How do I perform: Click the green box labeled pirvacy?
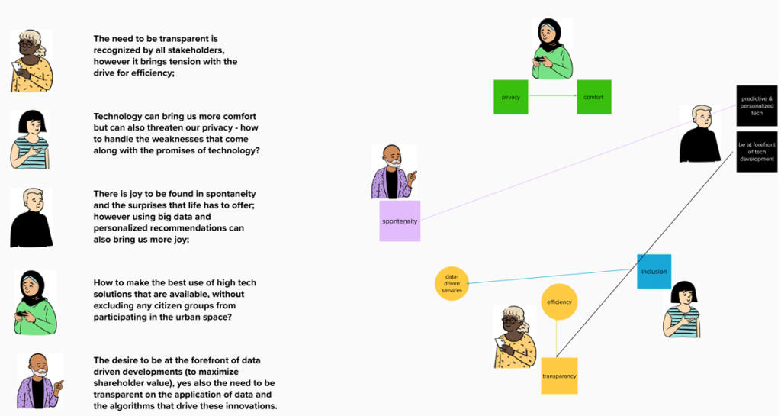(510, 97)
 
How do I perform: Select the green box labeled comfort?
(593, 97)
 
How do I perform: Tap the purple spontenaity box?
(400, 221)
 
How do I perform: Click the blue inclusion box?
(654, 272)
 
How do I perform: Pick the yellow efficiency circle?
(559, 302)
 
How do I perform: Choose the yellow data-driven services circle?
(452, 284)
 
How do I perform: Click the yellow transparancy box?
(559, 376)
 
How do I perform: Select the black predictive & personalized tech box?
(757, 105)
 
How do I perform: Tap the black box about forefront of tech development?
(757, 152)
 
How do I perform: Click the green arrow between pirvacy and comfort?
(552, 95)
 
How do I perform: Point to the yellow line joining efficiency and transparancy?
(557, 339)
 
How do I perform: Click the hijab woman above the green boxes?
(552, 49)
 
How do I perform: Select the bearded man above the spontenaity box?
(394, 173)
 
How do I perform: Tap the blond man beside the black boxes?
(700, 134)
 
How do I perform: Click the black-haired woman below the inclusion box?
(681, 310)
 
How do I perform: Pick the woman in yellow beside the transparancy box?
(515, 338)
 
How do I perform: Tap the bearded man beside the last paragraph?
(40, 381)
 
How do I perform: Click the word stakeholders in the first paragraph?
(196, 50)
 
